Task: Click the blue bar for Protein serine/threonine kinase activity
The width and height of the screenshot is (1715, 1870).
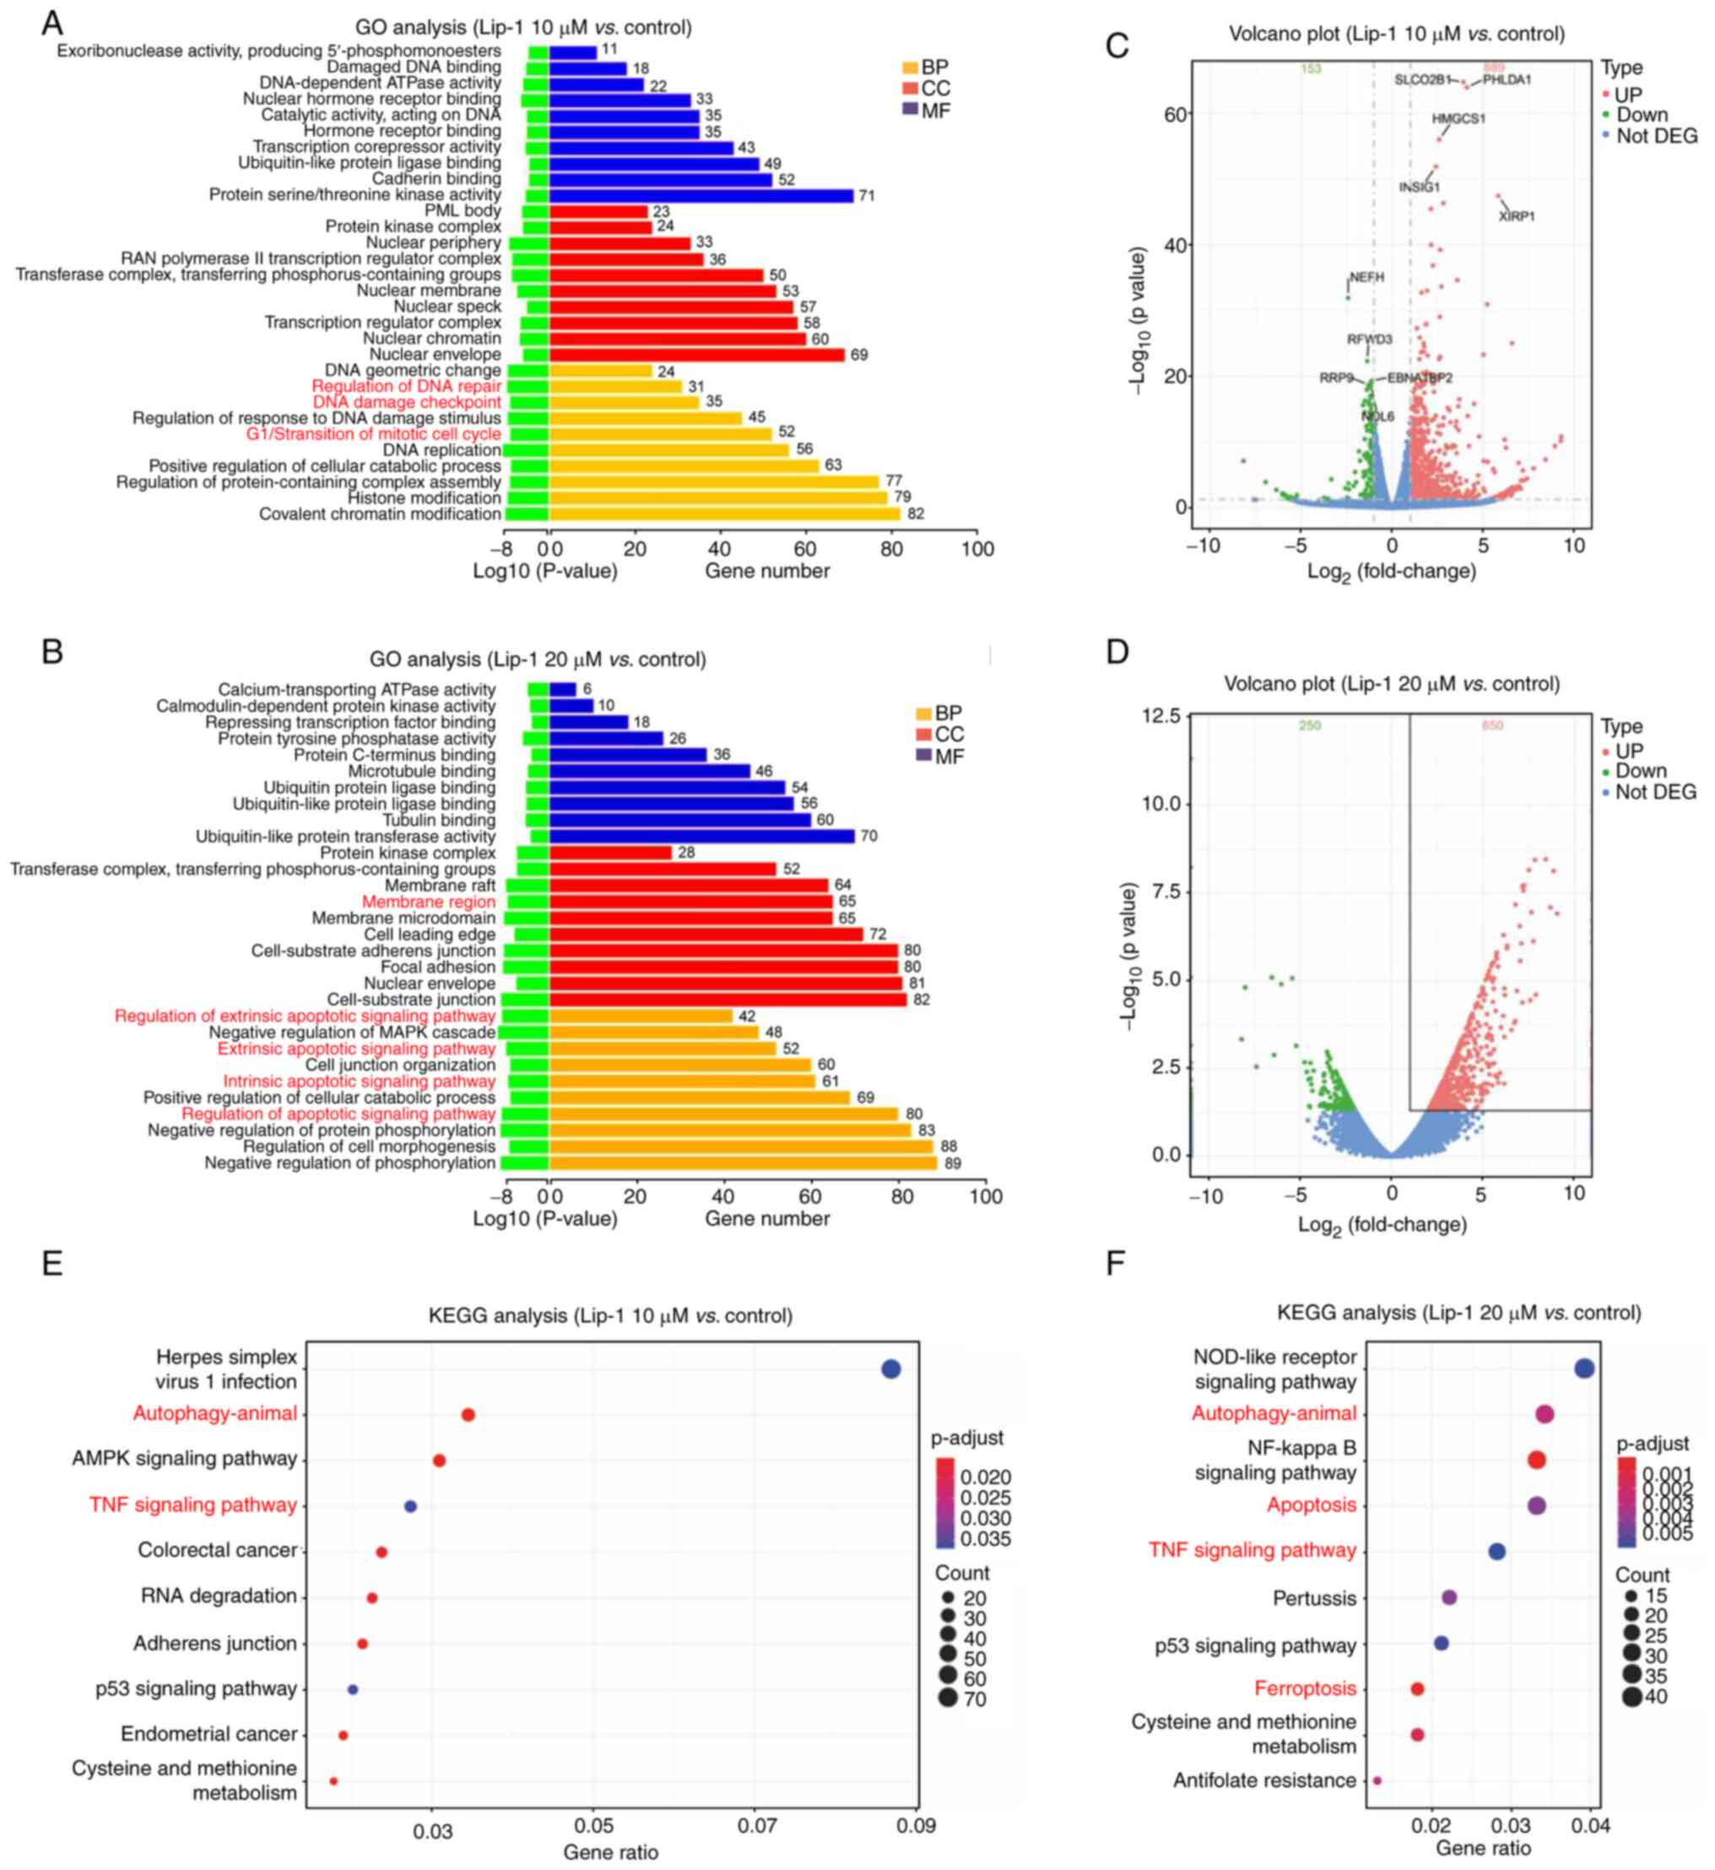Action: tap(701, 195)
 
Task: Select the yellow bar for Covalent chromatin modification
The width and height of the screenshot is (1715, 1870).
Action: tap(724, 513)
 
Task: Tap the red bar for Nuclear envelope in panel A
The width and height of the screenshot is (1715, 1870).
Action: tap(696, 355)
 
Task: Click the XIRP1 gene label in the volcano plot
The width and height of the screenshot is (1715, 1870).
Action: tap(1517, 216)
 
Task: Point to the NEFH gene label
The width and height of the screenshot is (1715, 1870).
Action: tap(1366, 278)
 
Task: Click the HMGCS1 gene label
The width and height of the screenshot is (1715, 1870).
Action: tap(1458, 119)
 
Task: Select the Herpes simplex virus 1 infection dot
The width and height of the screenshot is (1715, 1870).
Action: tap(890, 1369)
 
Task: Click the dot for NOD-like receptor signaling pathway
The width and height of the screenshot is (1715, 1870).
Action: tap(1584, 1368)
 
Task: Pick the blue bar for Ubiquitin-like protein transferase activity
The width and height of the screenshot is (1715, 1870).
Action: tap(701, 837)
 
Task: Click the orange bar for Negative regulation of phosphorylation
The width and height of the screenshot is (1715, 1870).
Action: tap(733, 1163)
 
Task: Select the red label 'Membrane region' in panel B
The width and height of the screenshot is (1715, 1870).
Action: tap(428, 902)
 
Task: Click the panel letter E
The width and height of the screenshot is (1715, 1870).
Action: tap(52, 1264)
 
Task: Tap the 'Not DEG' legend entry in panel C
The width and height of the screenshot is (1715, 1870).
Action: tap(1656, 137)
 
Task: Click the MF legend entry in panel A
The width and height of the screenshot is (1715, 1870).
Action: tap(934, 111)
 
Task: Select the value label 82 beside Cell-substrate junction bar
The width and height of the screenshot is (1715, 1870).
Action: tap(921, 1000)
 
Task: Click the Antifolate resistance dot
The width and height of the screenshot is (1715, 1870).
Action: tap(1377, 1780)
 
